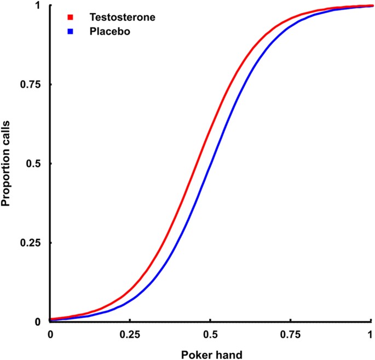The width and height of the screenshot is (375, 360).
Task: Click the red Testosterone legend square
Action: tap(71, 18)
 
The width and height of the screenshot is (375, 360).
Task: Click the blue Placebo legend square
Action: tap(71, 32)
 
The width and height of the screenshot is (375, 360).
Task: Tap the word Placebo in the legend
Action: tap(109, 32)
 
